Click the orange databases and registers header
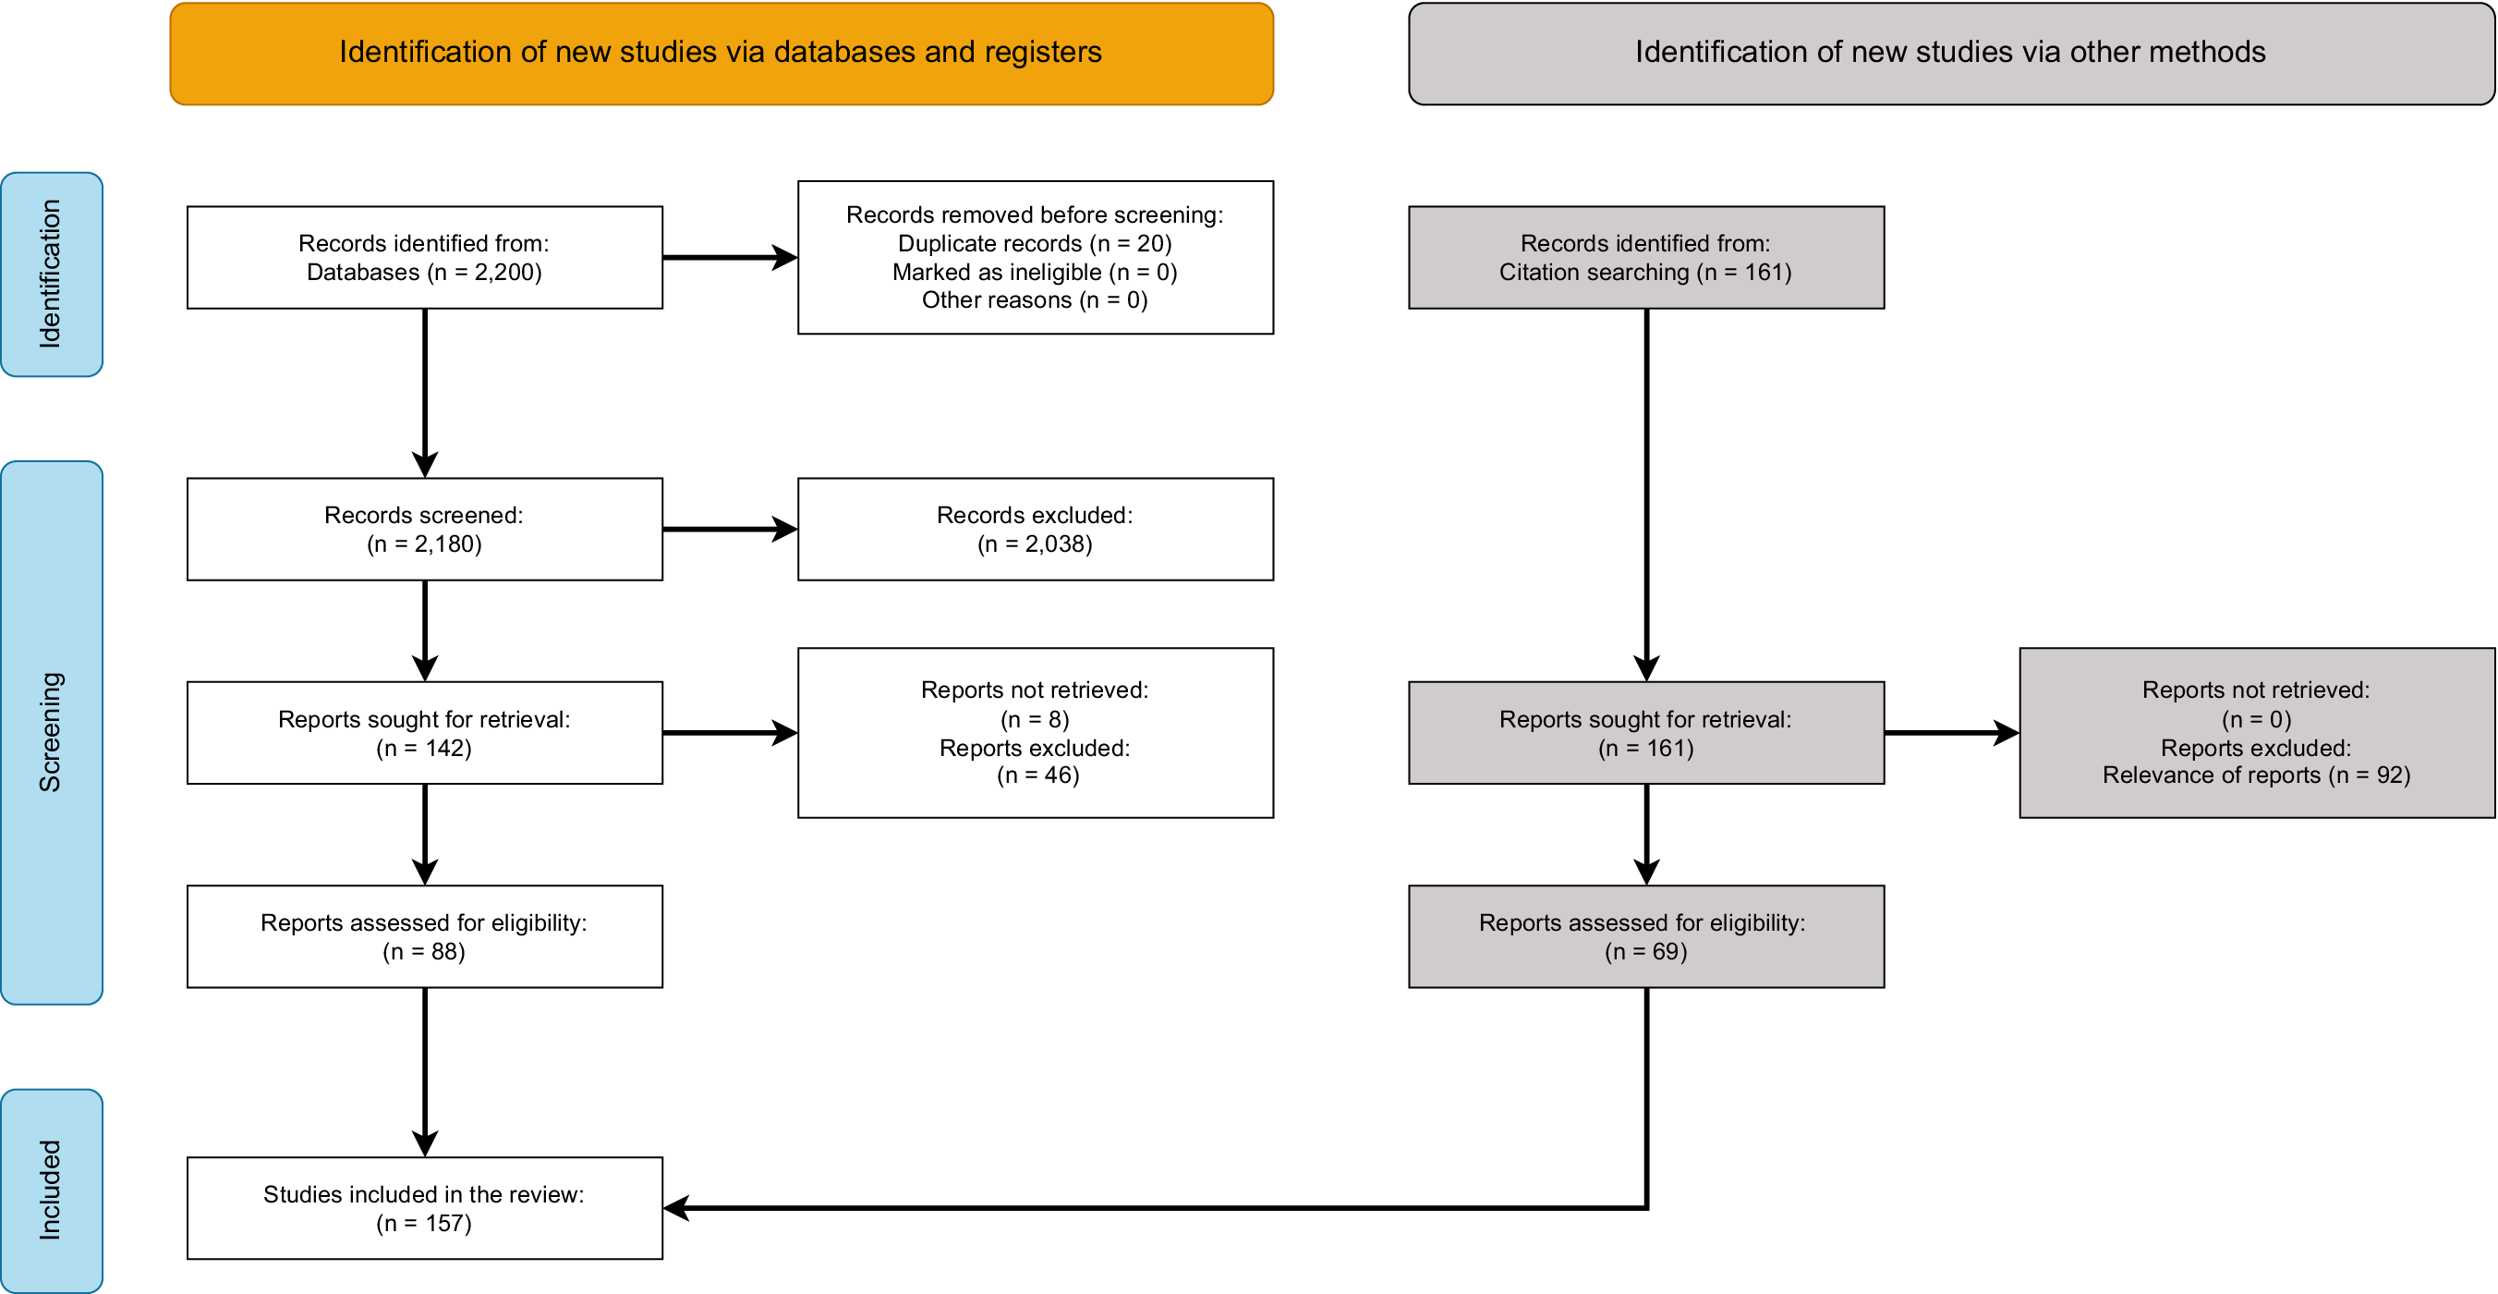click(x=721, y=54)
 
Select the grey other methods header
click(x=1950, y=54)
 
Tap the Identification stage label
click(x=51, y=275)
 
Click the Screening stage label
click(x=51, y=732)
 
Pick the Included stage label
click(x=51, y=1190)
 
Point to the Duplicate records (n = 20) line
click(x=1035, y=243)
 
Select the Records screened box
click(x=425, y=529)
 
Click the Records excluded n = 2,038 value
click(x=1035, y=544)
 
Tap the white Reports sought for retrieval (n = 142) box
click(x=425, y=732)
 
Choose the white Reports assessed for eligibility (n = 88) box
click(x=425, y=936)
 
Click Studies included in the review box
click(x=425, y=1208)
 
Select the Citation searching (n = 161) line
click(x=1644, y=273)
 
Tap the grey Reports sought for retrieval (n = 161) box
click(x=1645, y=732)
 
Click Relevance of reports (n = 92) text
click(x=2256, y=775)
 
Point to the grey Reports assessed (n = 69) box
click(x=1645, y=936)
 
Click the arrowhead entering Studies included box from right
click(x=676, y=1208)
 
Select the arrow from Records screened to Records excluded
click(x=729, y=529)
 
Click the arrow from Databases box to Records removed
click(x=729, y=257)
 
